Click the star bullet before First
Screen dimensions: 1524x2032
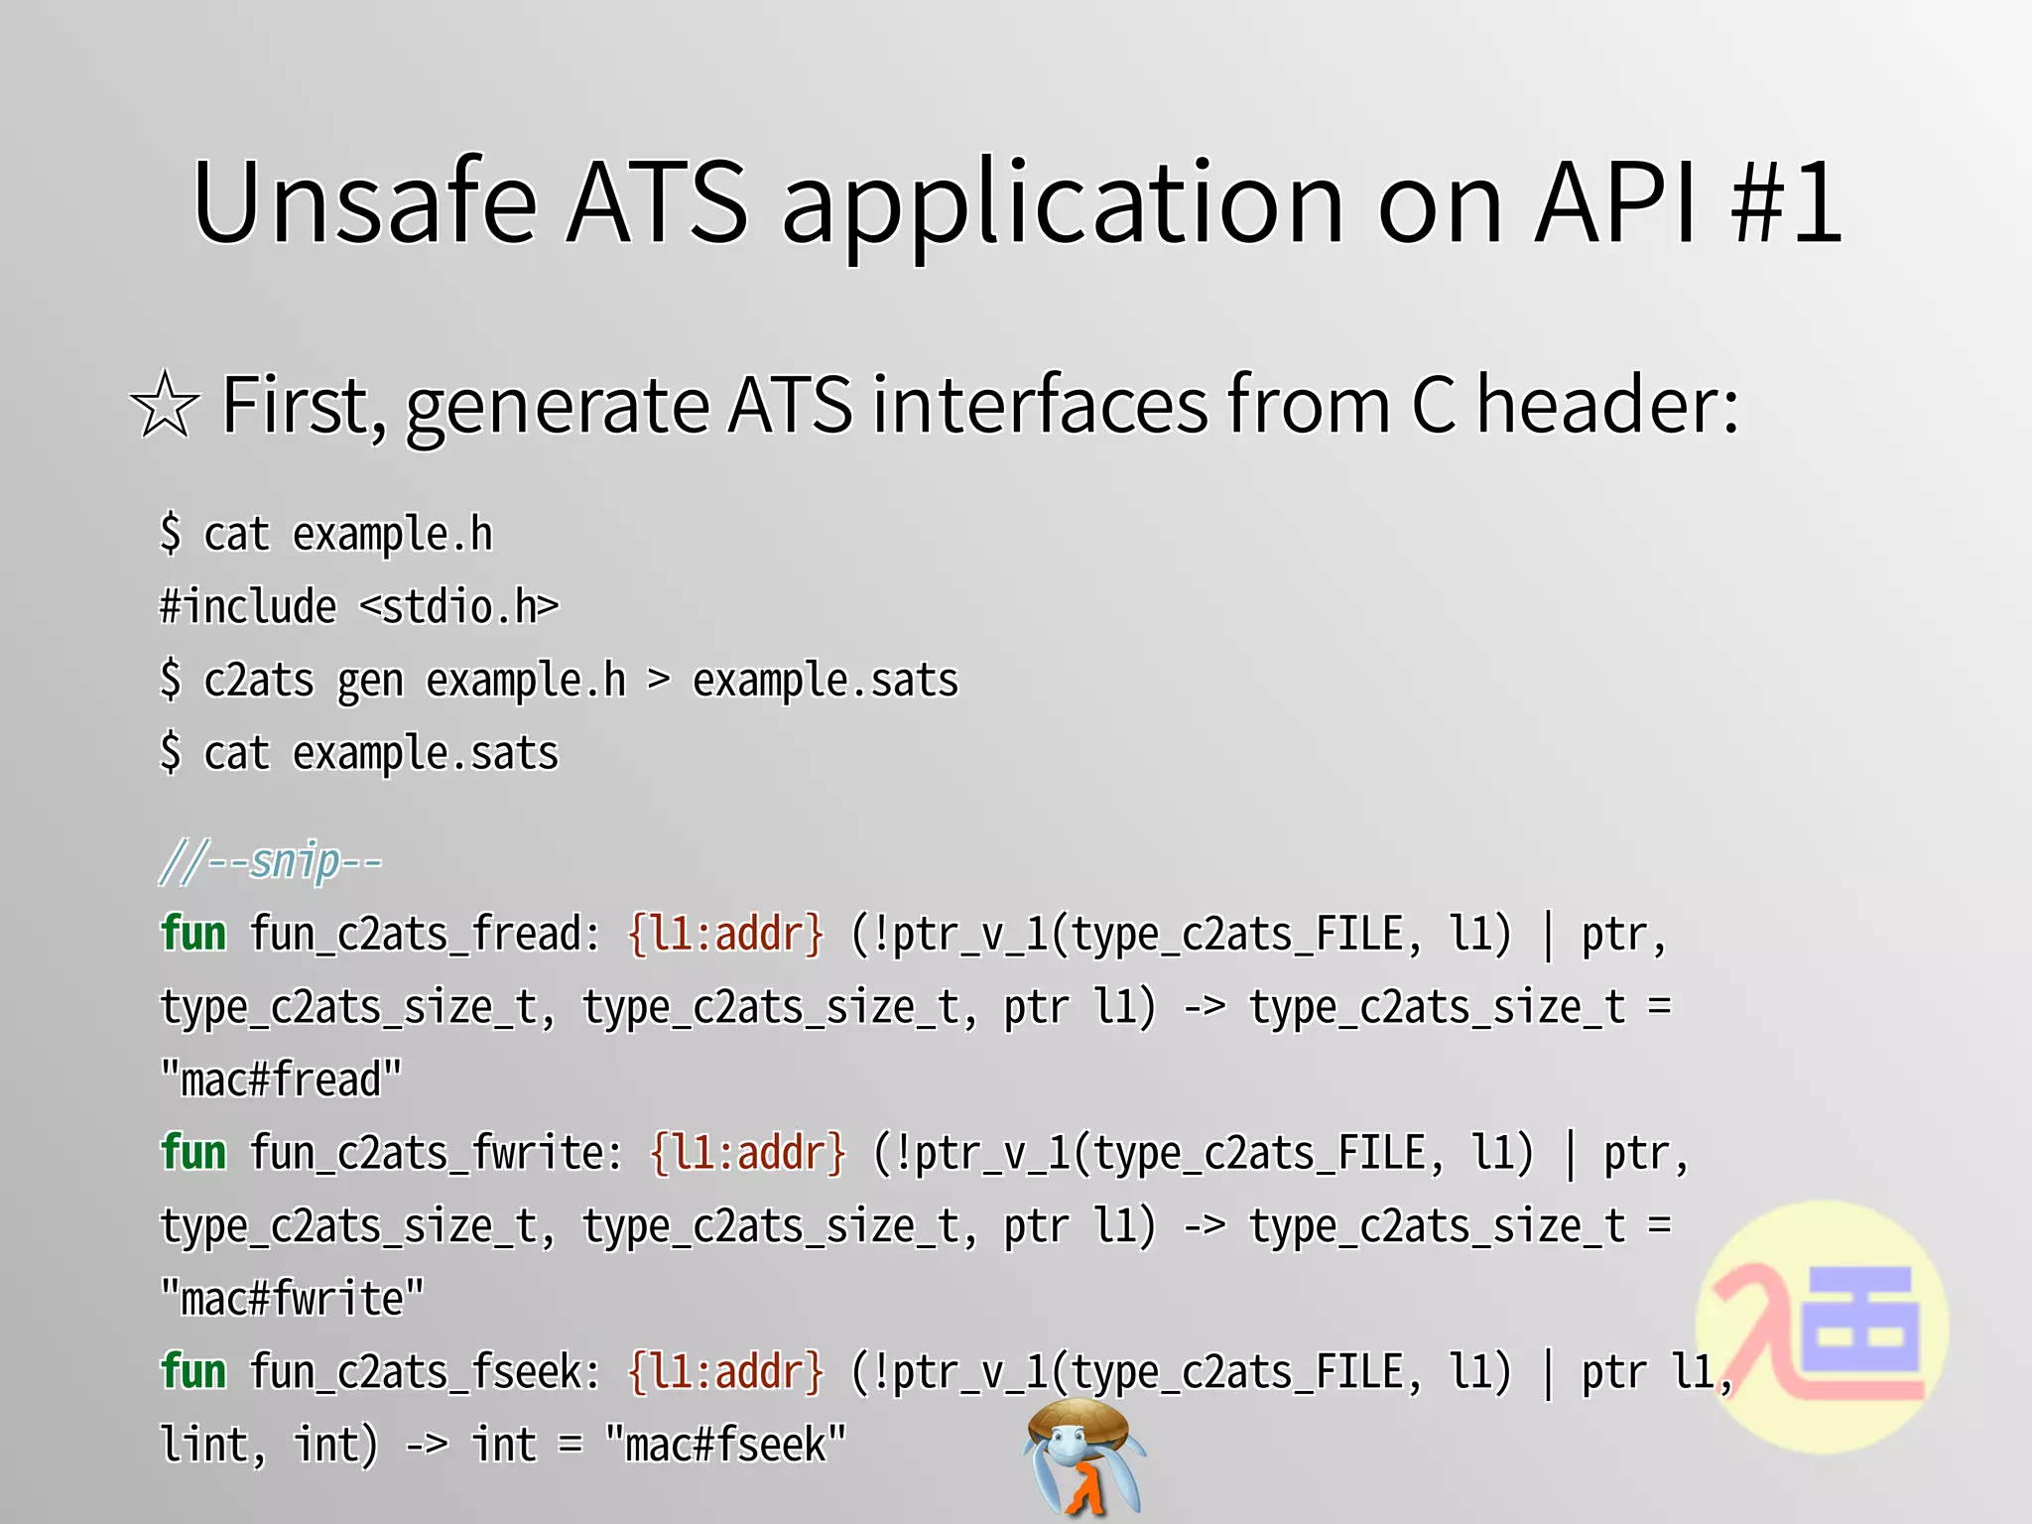164,406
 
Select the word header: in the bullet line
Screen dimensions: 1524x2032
1607,404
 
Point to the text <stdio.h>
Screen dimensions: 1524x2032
458,606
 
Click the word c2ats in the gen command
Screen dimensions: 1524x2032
258,681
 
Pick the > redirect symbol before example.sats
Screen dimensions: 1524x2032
658,681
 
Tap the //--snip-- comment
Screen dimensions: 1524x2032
271,861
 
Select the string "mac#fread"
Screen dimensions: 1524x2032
281,1079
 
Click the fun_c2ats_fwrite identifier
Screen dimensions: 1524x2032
435,1153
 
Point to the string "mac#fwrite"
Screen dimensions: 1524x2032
292,1299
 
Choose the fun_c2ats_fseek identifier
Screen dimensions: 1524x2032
424,1372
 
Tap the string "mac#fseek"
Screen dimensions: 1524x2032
725,1445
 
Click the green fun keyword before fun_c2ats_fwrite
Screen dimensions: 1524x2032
193,1153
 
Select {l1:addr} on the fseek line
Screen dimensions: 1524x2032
725,1372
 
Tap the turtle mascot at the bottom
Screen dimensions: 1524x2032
1082,1457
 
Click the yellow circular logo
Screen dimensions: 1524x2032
1822,1328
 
